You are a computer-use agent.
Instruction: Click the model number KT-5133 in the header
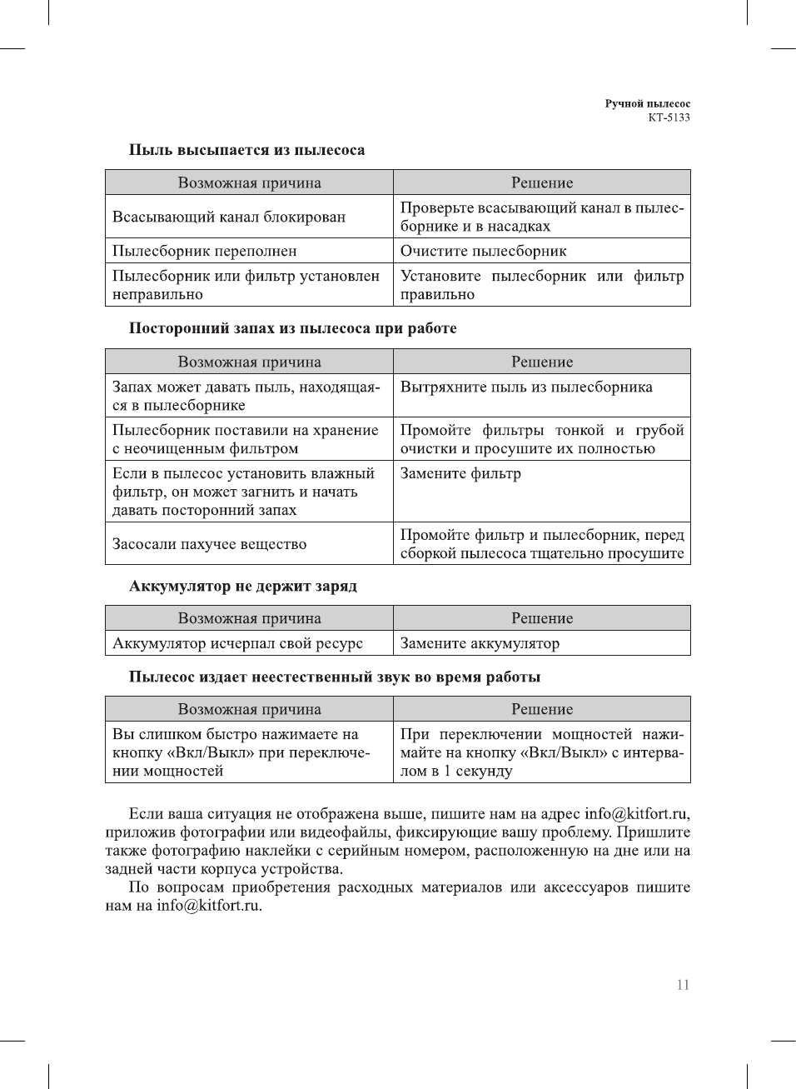(x=669, y=117)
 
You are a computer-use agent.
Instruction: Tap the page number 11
(x=683, y=985)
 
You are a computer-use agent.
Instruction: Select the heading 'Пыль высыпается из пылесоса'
(x=246, y=150)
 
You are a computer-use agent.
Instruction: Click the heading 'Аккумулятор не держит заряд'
(x=242, y=586)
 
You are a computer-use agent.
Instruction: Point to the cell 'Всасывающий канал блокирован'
(x=229, y=217)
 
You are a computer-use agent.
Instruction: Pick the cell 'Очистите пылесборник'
(x=483, y=251)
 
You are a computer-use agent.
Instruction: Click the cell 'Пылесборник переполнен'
(x=204, y=251)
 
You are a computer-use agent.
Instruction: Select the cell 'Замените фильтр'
(x=460, y=473)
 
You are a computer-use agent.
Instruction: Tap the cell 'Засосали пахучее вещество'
(x=209, y=544)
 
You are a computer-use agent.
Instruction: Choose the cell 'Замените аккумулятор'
(x=480, y=643)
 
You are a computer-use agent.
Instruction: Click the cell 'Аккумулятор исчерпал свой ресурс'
(x=237, y=643)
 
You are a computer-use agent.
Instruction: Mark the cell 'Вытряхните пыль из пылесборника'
(x=526, y=387)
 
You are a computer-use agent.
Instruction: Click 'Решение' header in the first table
(x=542, y=182)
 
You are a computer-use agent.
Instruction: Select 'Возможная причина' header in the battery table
(x=249, y=618)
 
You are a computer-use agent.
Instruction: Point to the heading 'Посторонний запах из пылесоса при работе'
(x=292, y=328)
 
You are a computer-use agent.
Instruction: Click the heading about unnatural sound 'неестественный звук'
(x=334, y=677)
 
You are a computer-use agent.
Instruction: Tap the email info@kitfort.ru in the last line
(x=208, y=906)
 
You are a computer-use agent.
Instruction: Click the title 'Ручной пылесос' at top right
(x=647, y=104)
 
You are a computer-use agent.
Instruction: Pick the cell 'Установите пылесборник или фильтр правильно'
(x=541, y=285)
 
